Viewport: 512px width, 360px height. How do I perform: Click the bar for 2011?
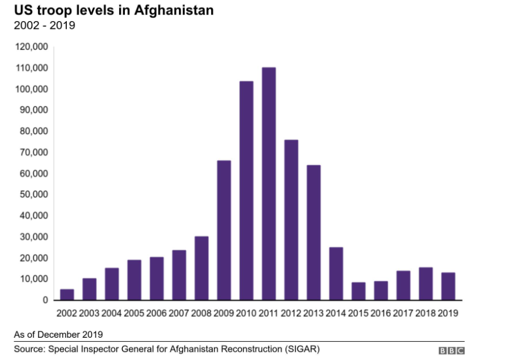[269, 184]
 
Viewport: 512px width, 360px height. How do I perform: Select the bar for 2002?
[67, 294]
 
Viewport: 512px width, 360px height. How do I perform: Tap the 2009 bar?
[224, 230]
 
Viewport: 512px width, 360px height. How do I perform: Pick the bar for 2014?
[336, 273]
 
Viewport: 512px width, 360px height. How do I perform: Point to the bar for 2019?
[448, 286]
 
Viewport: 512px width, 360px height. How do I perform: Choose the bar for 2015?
[358, 291]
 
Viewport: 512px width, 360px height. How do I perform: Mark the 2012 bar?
[291, 220]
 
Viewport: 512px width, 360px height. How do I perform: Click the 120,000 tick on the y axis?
[32, 47]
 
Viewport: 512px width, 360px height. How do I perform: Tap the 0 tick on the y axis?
[45, 300]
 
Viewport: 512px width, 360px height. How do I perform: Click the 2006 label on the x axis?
[157, 313]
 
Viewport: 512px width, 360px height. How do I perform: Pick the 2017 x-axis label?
[403, 313]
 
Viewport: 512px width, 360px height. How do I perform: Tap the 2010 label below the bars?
[246, 313]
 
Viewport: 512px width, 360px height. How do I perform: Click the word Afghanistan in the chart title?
[174, 11]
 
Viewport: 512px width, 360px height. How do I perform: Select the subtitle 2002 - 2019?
[45, 25]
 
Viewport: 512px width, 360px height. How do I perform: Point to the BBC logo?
[452, 351]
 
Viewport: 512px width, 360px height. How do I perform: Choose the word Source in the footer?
[30, 349]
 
